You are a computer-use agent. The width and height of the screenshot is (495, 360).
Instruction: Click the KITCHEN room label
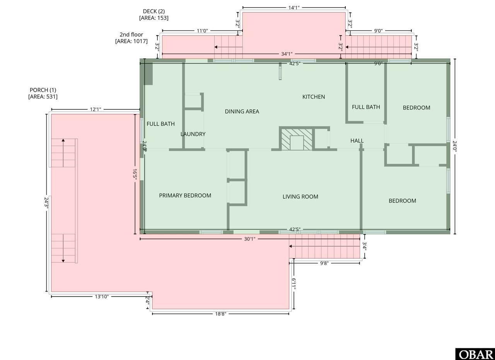314,97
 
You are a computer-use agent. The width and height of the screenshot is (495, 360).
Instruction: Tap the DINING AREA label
242,111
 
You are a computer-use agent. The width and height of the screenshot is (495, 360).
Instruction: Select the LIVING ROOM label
300,196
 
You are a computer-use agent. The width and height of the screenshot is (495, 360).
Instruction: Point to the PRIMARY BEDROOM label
185,195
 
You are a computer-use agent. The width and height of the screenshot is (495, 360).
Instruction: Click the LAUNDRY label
193,134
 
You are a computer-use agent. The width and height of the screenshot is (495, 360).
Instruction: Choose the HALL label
357,140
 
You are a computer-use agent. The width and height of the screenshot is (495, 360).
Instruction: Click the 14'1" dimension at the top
294,8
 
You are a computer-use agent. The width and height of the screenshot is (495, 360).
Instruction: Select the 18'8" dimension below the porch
220,314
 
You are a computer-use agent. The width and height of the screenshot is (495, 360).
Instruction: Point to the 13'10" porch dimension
102,297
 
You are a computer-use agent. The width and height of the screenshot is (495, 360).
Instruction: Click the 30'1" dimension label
249,239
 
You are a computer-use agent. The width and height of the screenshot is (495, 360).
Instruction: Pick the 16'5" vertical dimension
135,174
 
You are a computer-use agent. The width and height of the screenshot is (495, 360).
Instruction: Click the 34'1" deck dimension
287,54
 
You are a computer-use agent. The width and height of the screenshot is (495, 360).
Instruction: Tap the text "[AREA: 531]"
43,97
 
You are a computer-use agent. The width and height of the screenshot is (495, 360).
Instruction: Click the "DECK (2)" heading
154,11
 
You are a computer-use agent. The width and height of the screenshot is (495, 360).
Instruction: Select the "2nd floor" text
131,34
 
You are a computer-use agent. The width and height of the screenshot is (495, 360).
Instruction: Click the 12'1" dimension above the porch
96,109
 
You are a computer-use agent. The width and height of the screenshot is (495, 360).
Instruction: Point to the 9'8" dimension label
324,263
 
